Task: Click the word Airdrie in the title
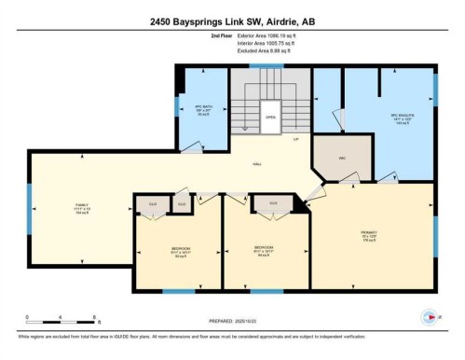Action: coord(302,21)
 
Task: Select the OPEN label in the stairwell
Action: coord(270,118)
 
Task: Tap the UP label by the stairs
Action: coord(295,140)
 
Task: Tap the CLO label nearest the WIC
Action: coord(273,203)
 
